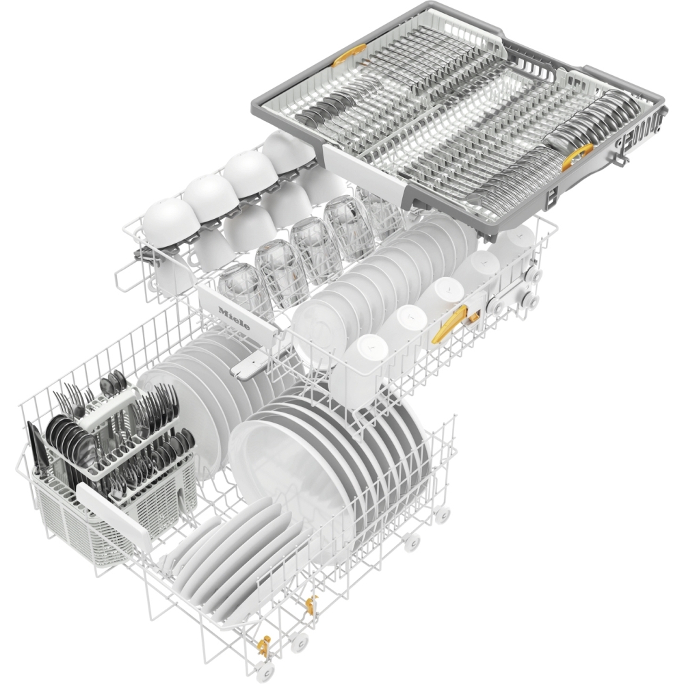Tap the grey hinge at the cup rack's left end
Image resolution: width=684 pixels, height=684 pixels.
click(147, 256)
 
